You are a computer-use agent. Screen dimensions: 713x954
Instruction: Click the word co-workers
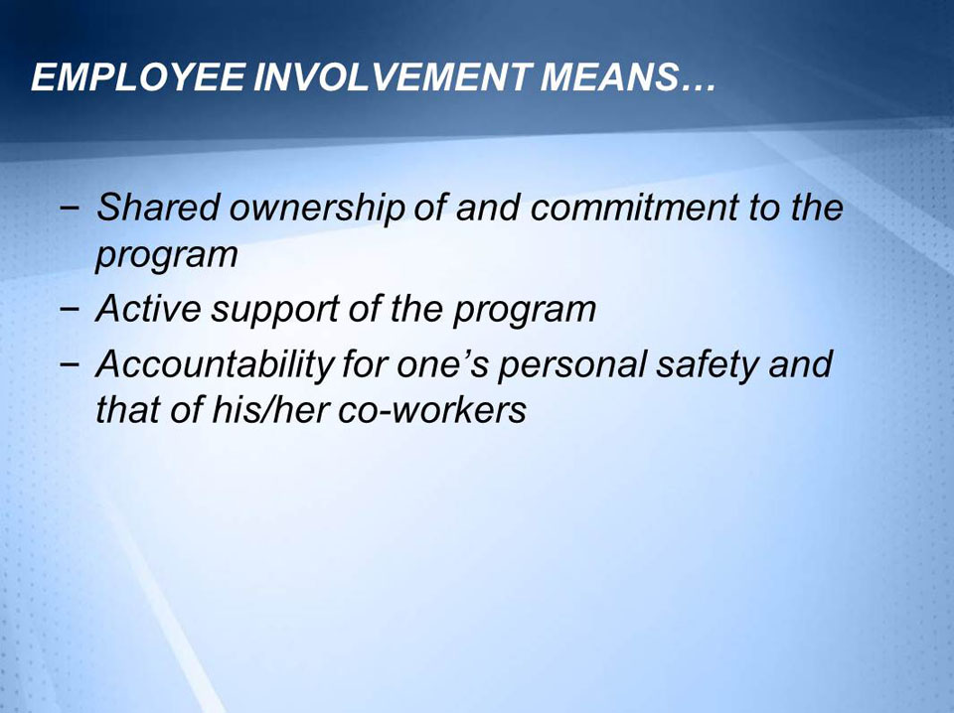pyautogui.click(x=431, y=410)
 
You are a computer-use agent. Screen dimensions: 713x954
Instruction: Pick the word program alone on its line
pyautogui.click(x=166, y=256)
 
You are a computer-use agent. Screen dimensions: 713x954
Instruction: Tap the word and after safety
pyautogui.click(x=802, y=364)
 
